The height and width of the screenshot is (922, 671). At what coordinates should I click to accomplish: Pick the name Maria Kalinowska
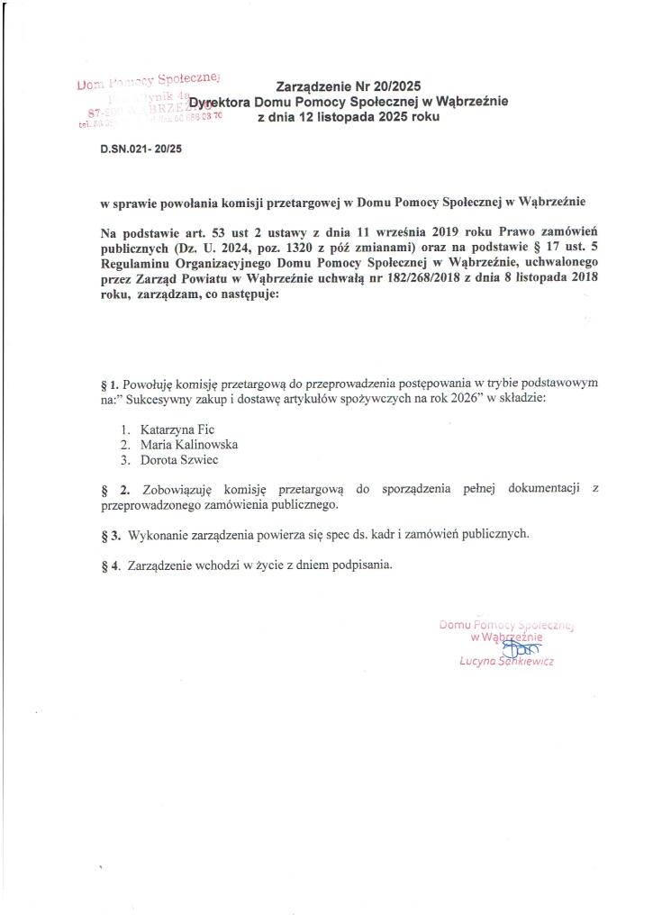pyautogui.click(x=189, y=444)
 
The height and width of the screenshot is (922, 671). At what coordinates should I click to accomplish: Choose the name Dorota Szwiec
pyautogui.click(x=179, y=459)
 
